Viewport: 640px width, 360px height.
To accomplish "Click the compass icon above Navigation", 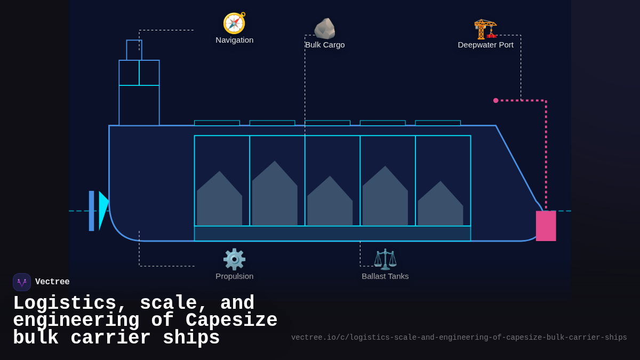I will point(234,23).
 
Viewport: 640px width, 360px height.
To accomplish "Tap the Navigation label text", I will point(235,40).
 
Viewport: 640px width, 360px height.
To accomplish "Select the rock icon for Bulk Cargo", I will point(325,29).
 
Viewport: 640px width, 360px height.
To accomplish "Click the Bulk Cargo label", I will point(325,45).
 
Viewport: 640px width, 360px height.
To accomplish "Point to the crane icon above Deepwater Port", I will point(485,29).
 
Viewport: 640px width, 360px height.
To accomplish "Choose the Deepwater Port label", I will point(485,45).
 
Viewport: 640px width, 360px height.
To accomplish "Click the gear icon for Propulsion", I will point(234,260).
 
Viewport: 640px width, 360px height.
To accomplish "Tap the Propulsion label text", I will point(235,276).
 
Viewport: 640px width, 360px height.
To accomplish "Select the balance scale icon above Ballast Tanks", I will point(385,260).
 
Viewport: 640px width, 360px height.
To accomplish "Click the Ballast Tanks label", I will point(385,276).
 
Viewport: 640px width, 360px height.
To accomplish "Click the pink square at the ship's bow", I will point(546,226).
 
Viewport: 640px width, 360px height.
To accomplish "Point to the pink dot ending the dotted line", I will point(495,100).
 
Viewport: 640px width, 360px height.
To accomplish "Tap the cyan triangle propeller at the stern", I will point(103,210).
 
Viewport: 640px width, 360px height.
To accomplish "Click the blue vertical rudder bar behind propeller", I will point(91,211).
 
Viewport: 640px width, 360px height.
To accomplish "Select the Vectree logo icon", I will point(22,282).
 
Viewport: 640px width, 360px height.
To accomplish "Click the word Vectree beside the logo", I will point(52,282).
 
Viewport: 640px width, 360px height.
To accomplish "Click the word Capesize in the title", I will point(231,321).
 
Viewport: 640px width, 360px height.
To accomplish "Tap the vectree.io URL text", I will point(459,338).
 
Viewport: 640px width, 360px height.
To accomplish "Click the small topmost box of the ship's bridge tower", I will point(134,50).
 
